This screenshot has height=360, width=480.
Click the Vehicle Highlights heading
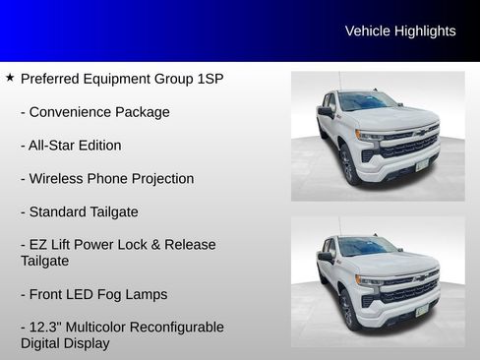click(x=400, y=31)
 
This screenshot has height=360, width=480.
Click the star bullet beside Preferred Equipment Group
click(x=10, y=77)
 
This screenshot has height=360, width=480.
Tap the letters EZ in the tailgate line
click(x=40, y=245)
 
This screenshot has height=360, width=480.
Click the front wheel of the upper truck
click(x=347, y=164)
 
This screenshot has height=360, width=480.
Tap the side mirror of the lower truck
click(x=326, y=258)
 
